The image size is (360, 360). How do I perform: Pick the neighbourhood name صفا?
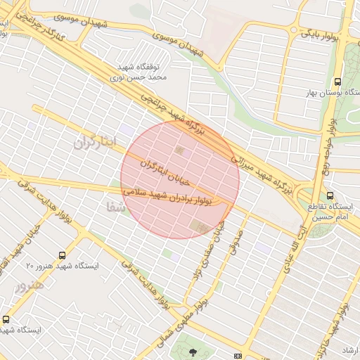click(115, 208)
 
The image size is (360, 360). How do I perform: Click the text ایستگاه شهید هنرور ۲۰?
click(62, 267)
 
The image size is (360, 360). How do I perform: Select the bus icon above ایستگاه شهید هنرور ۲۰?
click(63, 256)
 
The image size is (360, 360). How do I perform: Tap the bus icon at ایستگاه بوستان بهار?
click(338, 82)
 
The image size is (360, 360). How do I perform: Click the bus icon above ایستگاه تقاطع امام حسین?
click(330, 196)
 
